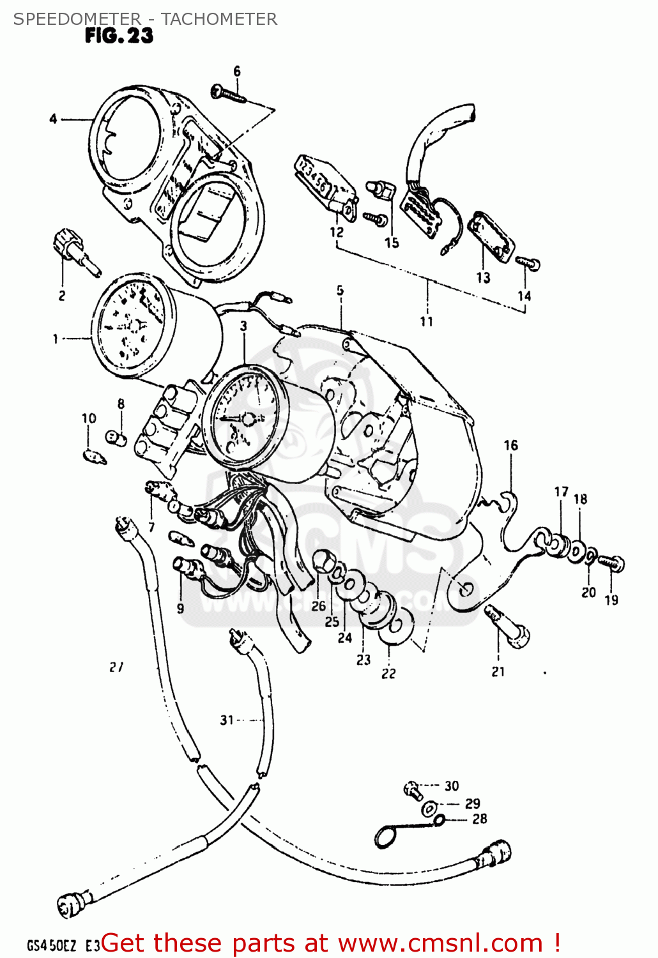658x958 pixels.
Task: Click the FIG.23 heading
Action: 119,36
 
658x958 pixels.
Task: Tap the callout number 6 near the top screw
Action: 237,71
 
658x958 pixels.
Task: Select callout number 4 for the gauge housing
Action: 53,119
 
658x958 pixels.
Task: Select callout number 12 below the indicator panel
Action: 337,232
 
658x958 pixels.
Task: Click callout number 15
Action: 392,243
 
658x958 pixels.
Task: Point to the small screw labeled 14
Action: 528,262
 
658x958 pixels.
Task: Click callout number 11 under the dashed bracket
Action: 426,321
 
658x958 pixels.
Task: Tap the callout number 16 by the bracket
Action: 510,445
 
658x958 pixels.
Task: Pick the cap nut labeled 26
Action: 324,562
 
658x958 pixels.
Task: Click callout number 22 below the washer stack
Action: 388,673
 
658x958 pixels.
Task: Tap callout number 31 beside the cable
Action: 227,720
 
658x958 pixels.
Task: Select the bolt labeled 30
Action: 412,790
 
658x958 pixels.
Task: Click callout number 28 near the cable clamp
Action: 479,819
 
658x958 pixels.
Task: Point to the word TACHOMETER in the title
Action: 219,19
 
